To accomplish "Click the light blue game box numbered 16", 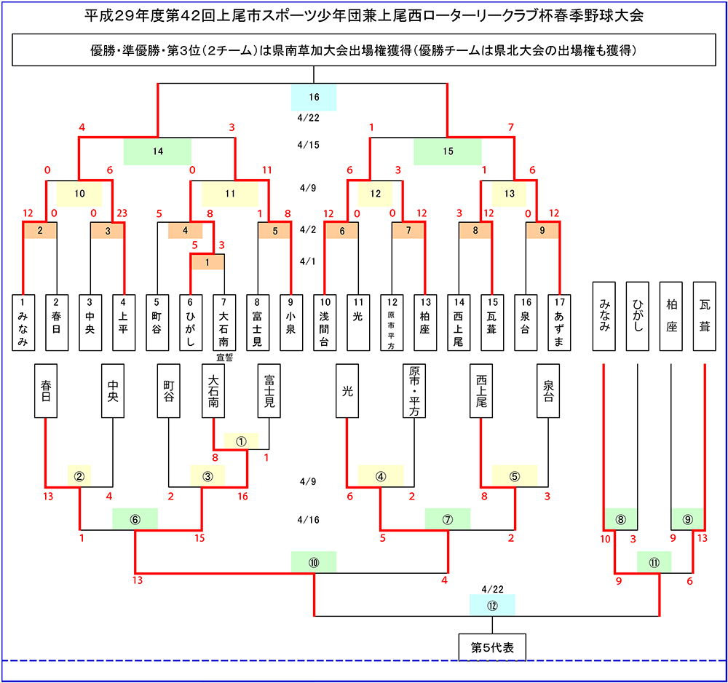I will [314, 98].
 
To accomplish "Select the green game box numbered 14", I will [157, 151].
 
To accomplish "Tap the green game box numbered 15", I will [447, 151].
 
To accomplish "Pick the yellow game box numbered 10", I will [79, 193].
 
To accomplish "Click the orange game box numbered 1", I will [208, 262].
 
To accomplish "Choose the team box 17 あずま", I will [559, 323].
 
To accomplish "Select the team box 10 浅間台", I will [325, 323].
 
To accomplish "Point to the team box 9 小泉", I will [291, 323].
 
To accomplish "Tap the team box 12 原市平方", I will [392, 323].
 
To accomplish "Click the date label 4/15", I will [308, 145].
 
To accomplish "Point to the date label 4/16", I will [308, 520].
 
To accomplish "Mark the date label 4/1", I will [308, 261].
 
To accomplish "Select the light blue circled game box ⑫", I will [492, 605].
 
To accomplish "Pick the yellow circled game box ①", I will [242, 441].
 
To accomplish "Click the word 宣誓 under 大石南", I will [224, 358].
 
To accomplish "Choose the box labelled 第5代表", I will [492, 646].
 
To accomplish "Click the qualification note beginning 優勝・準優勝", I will [363, 50].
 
